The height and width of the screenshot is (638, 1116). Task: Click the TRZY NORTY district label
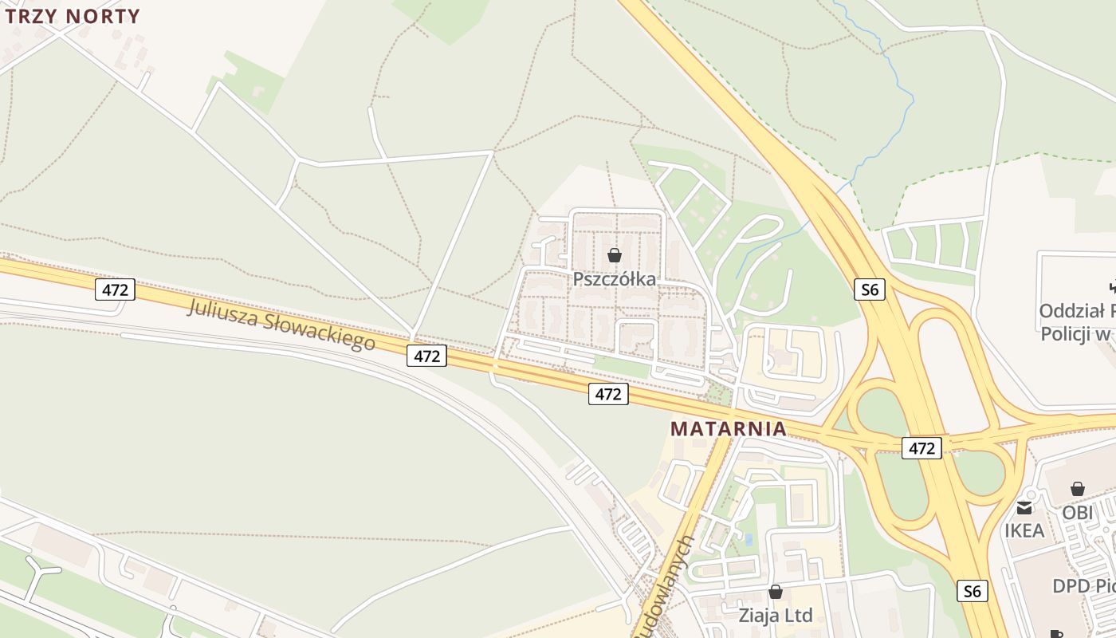pyautogui.click(x=73, y=16)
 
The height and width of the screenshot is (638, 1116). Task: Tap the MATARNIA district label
pyautogui.click(x=728, y=428)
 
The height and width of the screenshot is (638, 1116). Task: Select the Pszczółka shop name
pyautogui.click(x=615, y=278)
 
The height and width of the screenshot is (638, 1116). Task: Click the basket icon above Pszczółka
pyautogui.click(x=615, y=255)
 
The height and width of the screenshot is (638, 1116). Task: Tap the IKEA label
pyautogui.click(x=1024, y=530)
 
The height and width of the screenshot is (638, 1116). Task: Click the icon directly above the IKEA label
pyautogui.click(x=1024, y=507)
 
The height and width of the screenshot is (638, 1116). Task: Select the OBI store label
pyautogui.click(x=1078, y=512)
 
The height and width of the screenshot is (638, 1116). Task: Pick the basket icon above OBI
pyautogui.click(x=1078, y=489)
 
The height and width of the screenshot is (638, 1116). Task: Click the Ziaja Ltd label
pyautogui.click(x=776, y=615)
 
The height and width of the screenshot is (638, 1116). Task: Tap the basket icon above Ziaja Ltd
pyautogui.click(x=776, y=592)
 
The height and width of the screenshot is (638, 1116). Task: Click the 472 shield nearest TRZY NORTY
pyautogui.click(x=116, y=289)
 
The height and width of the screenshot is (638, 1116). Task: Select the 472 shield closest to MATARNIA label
pyautogui.click(x=608, y=393)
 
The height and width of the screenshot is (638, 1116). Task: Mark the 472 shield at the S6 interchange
pyautogui.click(x=921, y=448)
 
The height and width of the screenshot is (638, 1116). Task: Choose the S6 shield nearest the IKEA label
pyautogui.click(x=971, y=591)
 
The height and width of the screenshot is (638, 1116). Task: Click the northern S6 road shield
pyautogui.click(x=870, y=289)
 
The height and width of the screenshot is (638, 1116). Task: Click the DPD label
pyautogui.click(x=1071, y=586)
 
